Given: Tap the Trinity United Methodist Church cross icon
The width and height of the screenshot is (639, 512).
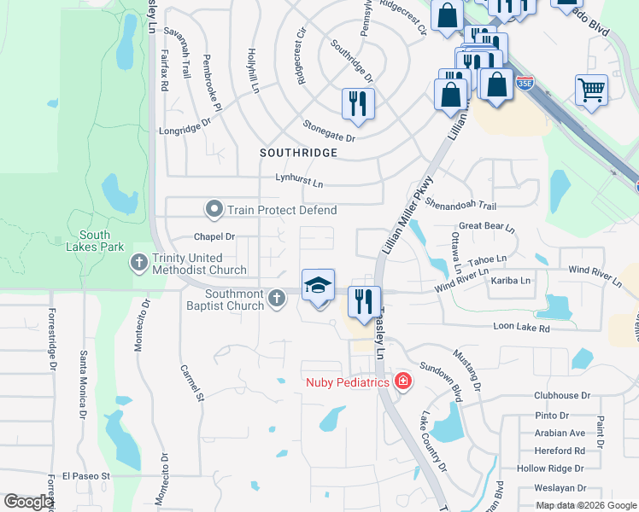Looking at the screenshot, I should [139, 264].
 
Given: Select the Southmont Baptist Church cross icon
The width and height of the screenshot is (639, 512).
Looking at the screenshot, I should [276, 298].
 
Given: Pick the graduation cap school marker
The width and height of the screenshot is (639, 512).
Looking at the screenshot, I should [318, 286].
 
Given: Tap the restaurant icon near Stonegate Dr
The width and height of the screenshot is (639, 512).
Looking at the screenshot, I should [358, 104].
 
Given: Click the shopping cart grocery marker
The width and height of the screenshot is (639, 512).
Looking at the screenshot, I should [591, 89].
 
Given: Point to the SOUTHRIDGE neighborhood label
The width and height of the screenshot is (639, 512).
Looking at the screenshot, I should [299, 152].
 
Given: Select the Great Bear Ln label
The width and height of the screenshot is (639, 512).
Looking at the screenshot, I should [487, 229].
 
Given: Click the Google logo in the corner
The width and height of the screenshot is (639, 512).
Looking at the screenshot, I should [28, 502].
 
